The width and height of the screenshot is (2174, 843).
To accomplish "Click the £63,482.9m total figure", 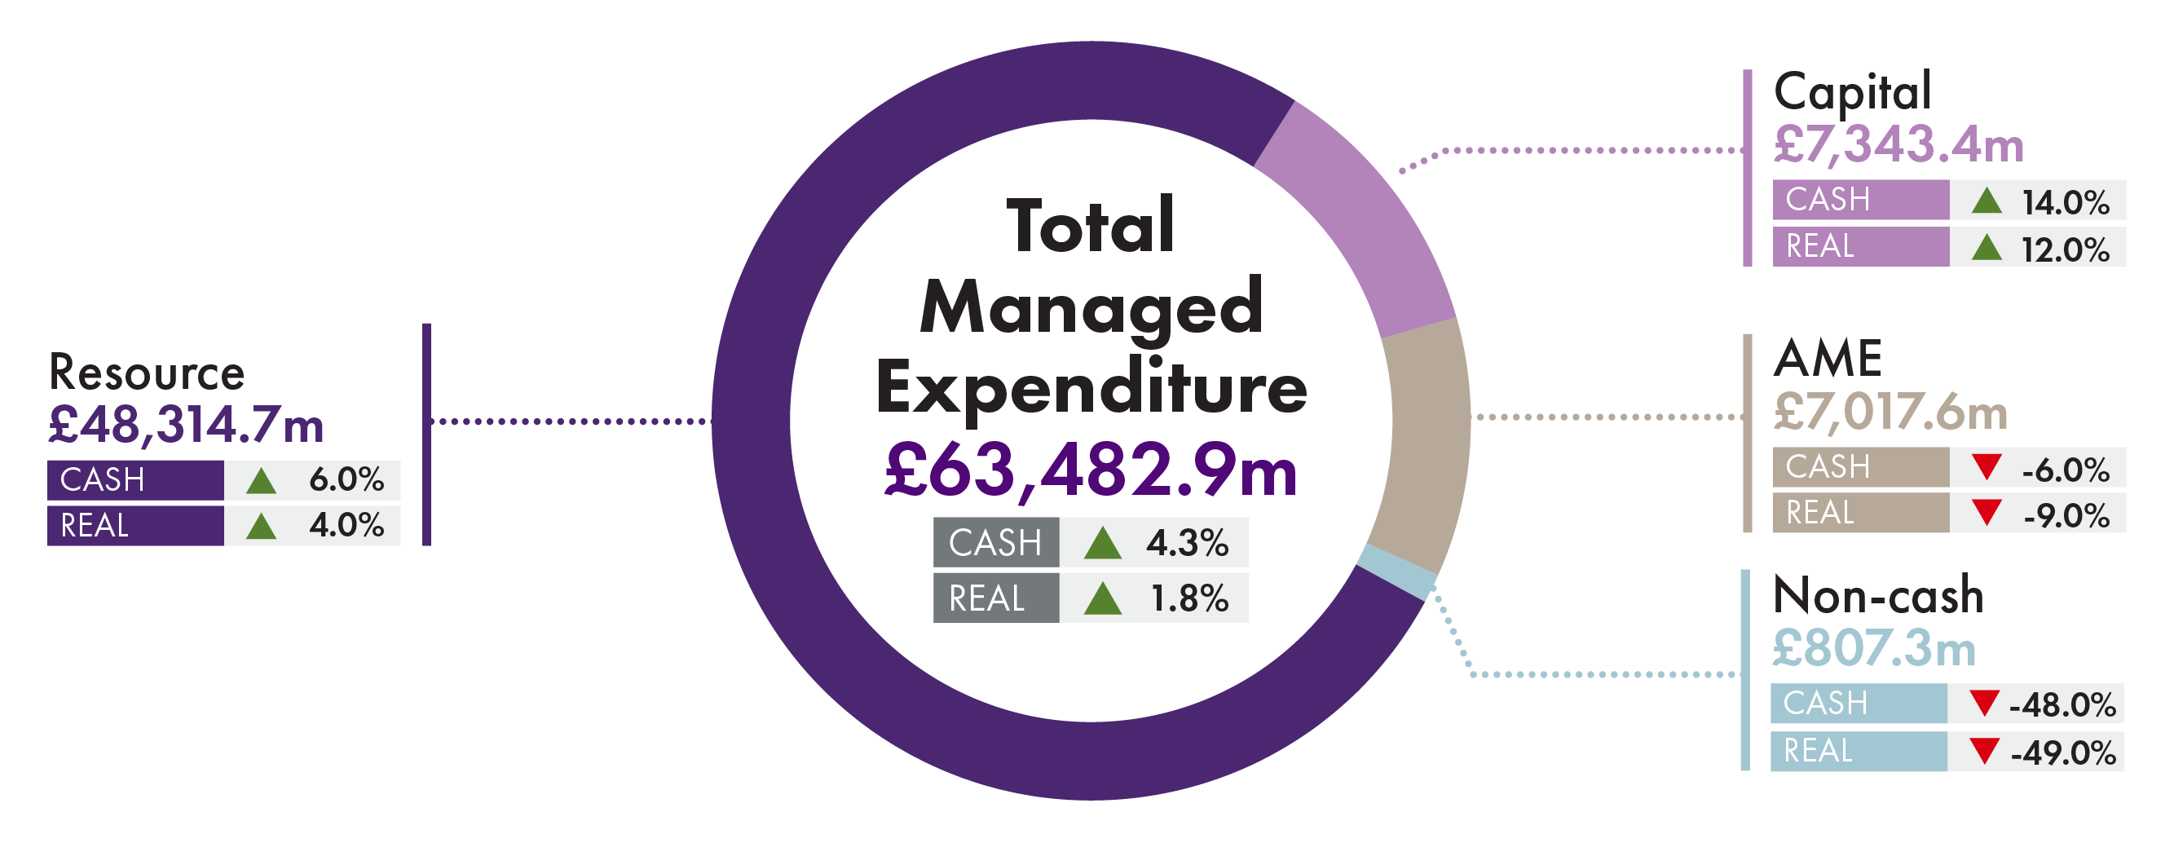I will pyautogui.click(x=1091, y=471).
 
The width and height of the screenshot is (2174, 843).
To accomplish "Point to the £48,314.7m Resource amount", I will pyautogui.click(x=186, y=425).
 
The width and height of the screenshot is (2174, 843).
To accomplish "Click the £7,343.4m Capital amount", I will pyautogui.click(x=1898, y=144).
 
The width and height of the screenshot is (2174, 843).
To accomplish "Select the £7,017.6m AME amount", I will pyautogui.click(x=1890, y=412).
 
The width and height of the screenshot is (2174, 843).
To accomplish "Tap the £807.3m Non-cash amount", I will pyautogui.click(x=1873, y=648).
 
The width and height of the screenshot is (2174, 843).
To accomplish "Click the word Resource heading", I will pyautogui.click(x=147, y=372).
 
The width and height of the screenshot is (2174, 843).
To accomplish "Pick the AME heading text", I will pyautogui.click(x=1827, y=358).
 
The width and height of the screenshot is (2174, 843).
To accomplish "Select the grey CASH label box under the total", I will pyautogui.click(x=996, y=541).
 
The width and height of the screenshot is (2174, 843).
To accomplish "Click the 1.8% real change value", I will pyautogui.click(x=1189, y=598).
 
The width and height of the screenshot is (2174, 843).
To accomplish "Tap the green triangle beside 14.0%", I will pyautogui.click(x=1987, y=201).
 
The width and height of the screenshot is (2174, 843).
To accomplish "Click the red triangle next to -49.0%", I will pyautogui.click(x=1984, y=750).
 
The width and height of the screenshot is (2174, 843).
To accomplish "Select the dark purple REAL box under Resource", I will pyautogui.click(x=135, y=526).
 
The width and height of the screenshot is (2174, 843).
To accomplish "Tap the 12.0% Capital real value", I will pyautogui.click(x=2065, y=249).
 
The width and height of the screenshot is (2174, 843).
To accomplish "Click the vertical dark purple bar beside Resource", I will pyautogui.click(x=426, y=434).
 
